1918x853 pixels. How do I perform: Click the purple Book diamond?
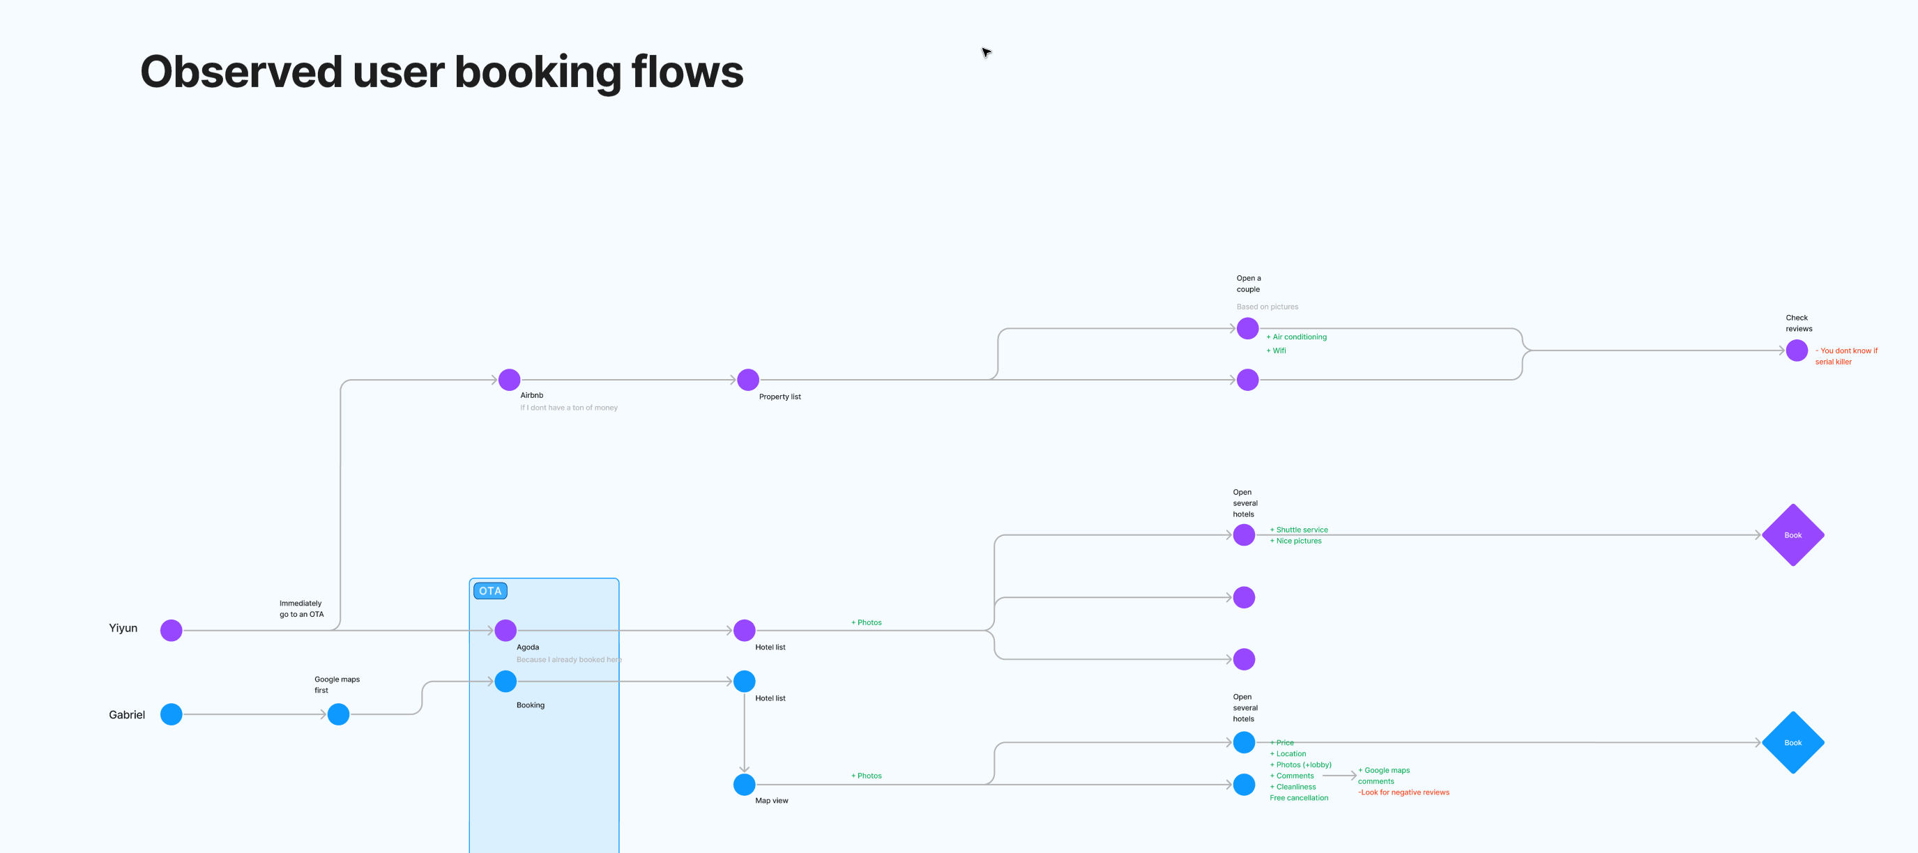pyautogui.click(x=1793, y=535)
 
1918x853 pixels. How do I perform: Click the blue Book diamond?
pyautogui.click(x=1793, y=743)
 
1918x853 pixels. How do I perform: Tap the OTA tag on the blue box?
pyautogui.click(x=490, y=591)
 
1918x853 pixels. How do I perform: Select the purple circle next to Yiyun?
pyautogui.click(x=172, y=631)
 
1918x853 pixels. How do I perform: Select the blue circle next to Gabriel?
pyautogui.click(x=172, y=714)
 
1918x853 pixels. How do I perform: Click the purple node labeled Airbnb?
pyautogui.click(x=509, y=380)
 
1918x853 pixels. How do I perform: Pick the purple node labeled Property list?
pyautogui.click(x=747, y=380)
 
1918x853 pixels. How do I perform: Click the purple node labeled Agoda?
pyautogui.click(x=505, y=631)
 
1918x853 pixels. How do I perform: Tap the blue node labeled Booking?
pyautogui.click(x=505, y=681)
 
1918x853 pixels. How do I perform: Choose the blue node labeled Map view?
pyautogui.click(x=744, y=785)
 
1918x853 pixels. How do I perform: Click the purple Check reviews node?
pyautogui.click(x=1797, y=351)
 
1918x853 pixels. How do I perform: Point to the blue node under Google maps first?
pyautogui.click(x=339, y=714)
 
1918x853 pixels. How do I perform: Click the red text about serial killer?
pyautogui.click(x=1845, y=357)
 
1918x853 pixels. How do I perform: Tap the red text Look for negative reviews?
pyautogui.click(x=1403, y=792)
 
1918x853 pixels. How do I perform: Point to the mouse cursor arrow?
pyautogui.click(x=986, y=52)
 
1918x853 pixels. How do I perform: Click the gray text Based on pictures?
pyautogui.click(x=1268, y=307)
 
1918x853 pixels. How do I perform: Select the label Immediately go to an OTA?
pyautogui.click(x=302, y=609)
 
